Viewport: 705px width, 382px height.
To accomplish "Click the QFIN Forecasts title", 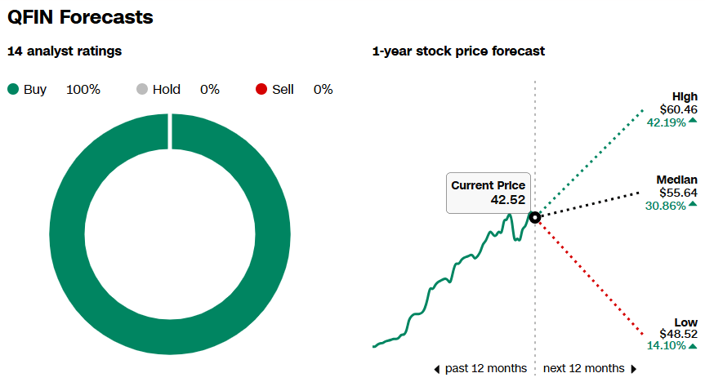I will click(x=80, y=16).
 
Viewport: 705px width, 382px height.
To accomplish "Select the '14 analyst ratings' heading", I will click(x=65, y=51).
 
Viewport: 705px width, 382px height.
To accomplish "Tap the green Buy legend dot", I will click(x=13, y=90).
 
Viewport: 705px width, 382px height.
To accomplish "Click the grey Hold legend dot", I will click(x=142, y=90).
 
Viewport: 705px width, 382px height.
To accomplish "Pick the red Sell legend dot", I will click(x=261, y=90).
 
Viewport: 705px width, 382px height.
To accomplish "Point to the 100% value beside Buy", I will click(x=83, y=90).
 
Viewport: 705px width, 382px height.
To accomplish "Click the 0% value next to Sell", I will click(x=323, y=90).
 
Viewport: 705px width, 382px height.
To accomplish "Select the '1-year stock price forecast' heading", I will click(x=458, y=51).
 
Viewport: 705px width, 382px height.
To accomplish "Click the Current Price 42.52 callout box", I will click(x=488, y=193).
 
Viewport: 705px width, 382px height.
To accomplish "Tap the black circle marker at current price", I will click(x=535, y=217).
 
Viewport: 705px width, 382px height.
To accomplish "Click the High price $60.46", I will click(x=679, y=109).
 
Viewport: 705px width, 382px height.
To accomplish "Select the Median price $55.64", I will click(x=679, y=193).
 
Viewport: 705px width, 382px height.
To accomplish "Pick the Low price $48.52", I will click(x=679, y=334).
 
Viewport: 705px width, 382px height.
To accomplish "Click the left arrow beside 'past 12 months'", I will click(x=437, y=369).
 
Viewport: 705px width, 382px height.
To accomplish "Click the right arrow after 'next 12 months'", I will click(x=633, y=369).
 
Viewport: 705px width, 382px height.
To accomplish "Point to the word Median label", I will click(x=677, y=180).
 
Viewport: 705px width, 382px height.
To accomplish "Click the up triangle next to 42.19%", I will click(x=693, y=121).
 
